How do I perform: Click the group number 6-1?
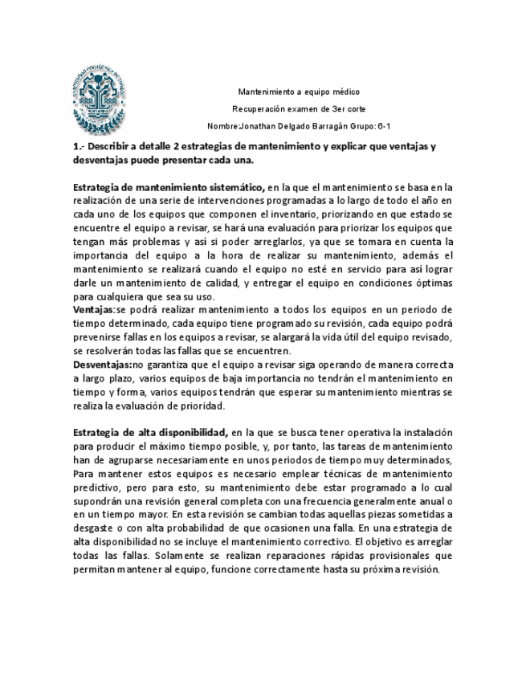click(384, 127)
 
